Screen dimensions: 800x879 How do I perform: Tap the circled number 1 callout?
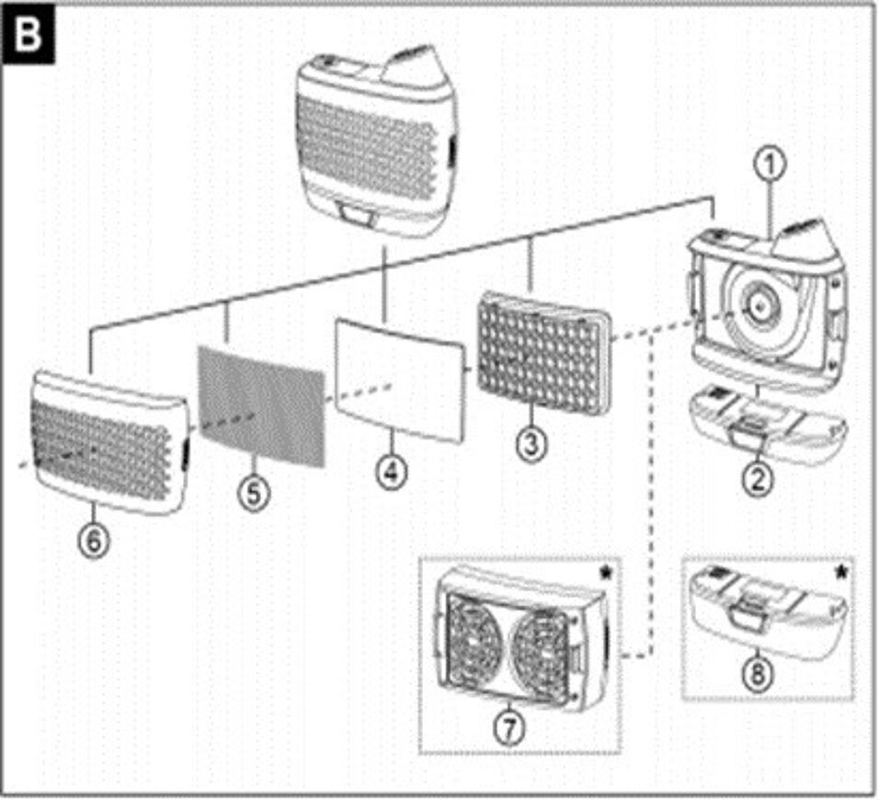(771, 166)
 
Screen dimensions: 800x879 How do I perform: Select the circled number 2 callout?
(758, 480)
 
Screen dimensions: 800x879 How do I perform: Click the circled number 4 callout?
(390, 472)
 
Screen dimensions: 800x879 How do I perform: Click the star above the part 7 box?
(605, 573)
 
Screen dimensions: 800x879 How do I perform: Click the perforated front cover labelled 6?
(106, 441)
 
